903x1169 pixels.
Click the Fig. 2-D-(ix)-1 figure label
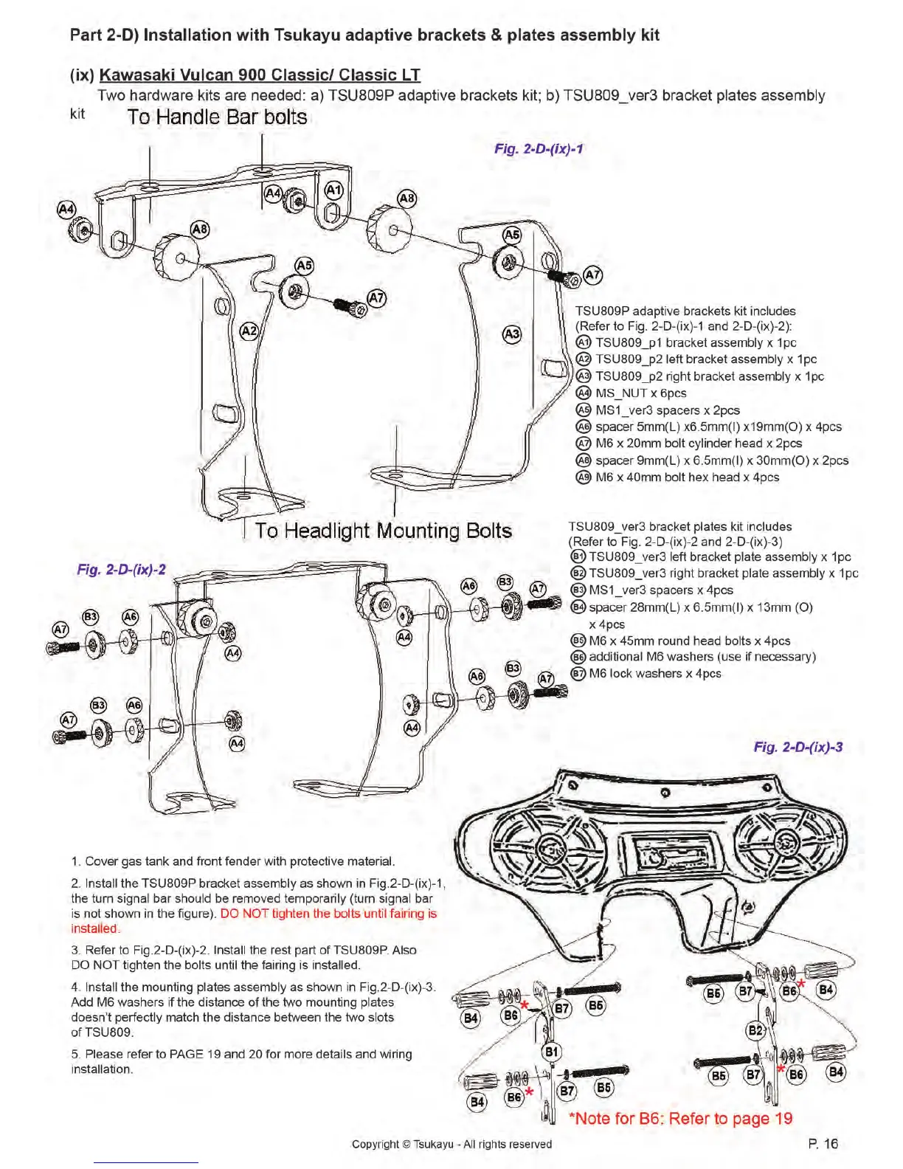point(539,148)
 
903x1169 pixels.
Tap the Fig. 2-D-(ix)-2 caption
point(122,570)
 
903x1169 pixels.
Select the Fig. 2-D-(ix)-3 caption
point(798,747)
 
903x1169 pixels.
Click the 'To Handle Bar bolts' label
point(217,117)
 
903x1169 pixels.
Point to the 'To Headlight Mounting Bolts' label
point(383,531)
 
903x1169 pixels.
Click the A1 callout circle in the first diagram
point(334,190)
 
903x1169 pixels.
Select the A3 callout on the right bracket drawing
point(511,334)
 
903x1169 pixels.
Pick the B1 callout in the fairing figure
point(552,1051)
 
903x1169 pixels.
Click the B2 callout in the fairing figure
point(756,1030)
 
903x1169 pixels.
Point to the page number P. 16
point(823,1143)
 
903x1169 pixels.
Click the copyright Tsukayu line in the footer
point(451,1144)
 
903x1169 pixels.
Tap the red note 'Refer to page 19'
point(680,1118)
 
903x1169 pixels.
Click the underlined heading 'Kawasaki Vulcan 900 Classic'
point(260,75)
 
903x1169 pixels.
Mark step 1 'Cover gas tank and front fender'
point(233,861)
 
